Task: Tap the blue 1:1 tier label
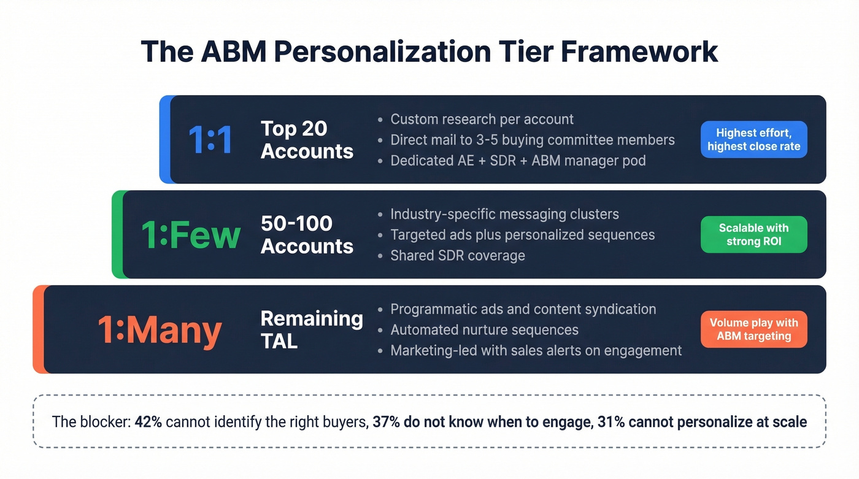click(210, 140)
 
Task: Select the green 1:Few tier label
click(191, 235)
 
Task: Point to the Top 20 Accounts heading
click(307, 140)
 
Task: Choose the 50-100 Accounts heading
click(307, 235)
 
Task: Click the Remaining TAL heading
click(311, 330)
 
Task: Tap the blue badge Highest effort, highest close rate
click(753, 140)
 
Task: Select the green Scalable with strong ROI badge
click(753, 235)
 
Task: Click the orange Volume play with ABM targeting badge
click(753, 330)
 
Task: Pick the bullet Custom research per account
click(482, 119)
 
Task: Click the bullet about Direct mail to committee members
click(532, 140)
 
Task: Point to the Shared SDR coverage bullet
click(457, 256)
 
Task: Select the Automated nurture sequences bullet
click(484, 330)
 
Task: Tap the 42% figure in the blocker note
click(148, 422)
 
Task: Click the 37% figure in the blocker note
click(386, 422)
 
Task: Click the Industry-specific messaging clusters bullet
click(504, 214)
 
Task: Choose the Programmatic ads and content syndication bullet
click(523, 309)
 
